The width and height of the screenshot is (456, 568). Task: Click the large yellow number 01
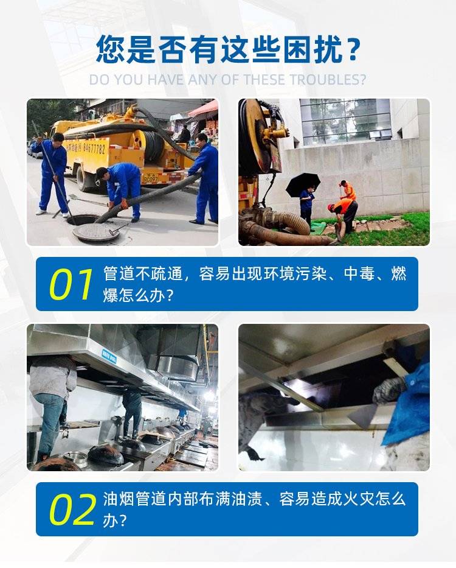click(x=71, y=285)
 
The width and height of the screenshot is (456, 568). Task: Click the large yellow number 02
click(x=72, y=510)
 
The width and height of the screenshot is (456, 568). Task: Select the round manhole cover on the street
click(x=96, y=232)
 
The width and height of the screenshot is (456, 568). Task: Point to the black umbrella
click(x=303, y=184)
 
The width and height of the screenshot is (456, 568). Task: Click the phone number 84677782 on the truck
click(x=94, y=149)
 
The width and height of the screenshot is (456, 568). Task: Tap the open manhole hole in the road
click(x=84, y=220)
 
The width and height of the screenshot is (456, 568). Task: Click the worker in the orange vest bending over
click(x=343, y=214)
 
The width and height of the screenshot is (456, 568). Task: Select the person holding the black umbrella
click(x=307, y=205)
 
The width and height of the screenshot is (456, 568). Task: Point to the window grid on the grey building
click(x=345, y=121)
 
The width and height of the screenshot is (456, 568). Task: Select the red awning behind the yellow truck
click(x=204, y=109)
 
